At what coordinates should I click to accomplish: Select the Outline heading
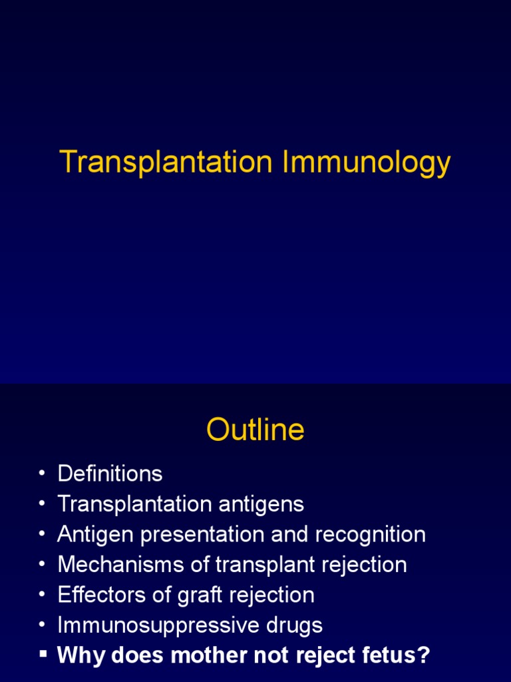255,430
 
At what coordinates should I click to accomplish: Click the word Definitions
110,474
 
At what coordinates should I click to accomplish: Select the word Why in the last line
80,655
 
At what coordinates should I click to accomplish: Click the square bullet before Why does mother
43,655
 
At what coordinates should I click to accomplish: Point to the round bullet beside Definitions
43,474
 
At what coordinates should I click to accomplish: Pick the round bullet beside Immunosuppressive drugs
43,626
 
